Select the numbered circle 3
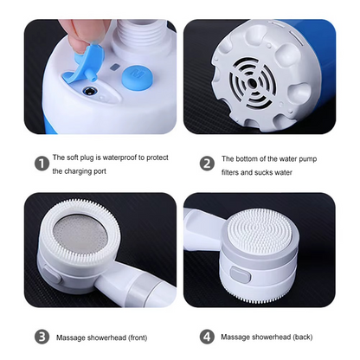pos(41,336)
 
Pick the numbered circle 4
pos(208,336)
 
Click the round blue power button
pos(135,75)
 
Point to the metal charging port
pos(88,88)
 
